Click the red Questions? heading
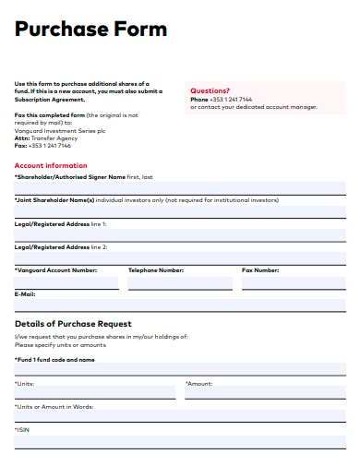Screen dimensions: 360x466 pyautogui.click(x=210, y=90)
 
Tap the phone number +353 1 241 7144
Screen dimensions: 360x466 pyautogui.click(x=226, y=100)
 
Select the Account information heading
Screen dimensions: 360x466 pyautogui.click(x=51, y=165)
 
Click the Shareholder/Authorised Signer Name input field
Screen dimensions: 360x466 pyautogui.click(x=180, y=187)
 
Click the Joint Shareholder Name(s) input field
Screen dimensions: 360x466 pyautogui.click(x=180, y=211)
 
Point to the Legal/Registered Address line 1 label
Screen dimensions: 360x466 pyautogui.click(x=60, y=223)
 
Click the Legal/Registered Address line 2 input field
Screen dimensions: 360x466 pyautogui.click(x=180, y=258)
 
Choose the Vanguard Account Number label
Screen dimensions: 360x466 pyautogui.click(x=55, y=270)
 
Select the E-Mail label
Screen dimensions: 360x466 pyautogui.click(x=25, y=293)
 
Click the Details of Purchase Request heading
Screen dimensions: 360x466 pyautogui.click(x=73, y=324)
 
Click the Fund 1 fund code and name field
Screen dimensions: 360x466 pyautogui.click(x=180, y=369)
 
